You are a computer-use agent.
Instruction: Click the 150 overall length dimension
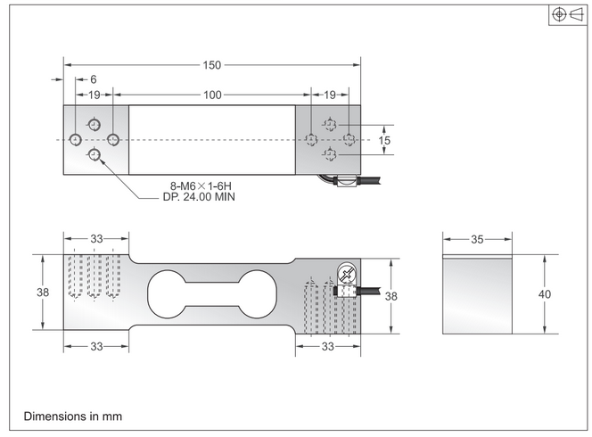tap(211, 65)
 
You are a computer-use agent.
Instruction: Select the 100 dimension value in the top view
tap(211, 94)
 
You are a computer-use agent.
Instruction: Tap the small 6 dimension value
tap(93, 79)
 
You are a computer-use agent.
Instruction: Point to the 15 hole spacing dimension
tap(384, 140)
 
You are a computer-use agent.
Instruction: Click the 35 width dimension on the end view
tap(479, 239)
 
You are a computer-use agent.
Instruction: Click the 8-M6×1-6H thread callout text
tap(201, 186)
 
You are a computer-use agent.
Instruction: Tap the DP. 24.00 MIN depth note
tap(201, 197)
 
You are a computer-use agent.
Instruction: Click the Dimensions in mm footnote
tap(72, 416)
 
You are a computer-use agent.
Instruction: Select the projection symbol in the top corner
tap(567, 15)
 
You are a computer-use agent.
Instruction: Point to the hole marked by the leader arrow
tap(95, 156)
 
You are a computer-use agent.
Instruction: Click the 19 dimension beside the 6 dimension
tap(94, 94)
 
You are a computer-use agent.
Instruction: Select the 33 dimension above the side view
tap(96, 239)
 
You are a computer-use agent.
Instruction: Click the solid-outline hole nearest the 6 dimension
tap(76, 139)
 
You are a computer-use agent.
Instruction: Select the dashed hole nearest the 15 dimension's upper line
tap(330, 124)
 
